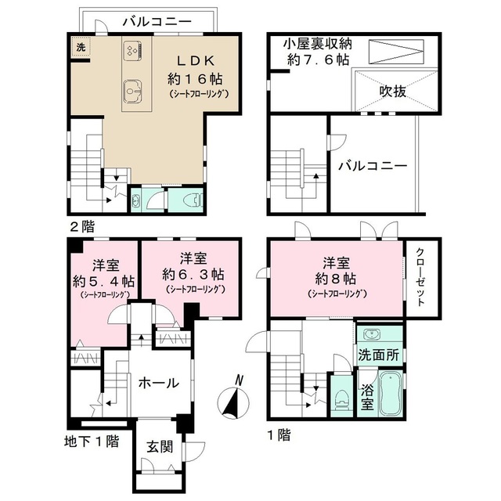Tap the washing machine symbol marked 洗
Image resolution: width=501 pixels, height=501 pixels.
(80, 48)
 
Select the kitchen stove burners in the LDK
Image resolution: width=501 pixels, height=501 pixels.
(131, 51)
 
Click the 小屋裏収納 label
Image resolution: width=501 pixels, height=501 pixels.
(317, 44)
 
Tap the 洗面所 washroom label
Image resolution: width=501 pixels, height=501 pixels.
(378, 354)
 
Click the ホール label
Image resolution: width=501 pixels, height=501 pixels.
(158, 383)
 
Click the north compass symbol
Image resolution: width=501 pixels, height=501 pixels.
(234, 398)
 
